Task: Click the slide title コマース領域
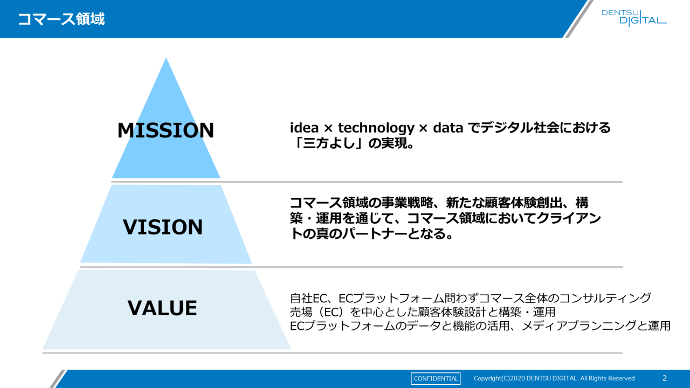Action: click(61, 19)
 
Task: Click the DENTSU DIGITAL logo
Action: click(634, 17)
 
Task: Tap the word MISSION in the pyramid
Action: click(165, 130)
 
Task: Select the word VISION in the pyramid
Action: click(163, 227)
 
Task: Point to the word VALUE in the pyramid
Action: click(162, 308)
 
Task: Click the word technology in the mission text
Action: click(376, 128)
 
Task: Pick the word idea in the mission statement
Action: click(304, 128)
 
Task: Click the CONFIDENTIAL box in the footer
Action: click(436, 378)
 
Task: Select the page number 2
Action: click(664, 378)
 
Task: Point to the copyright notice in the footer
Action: click(554, 378)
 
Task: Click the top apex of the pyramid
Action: click(166, 59)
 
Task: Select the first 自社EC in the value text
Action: click(309, 298)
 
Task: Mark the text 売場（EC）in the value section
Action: click(318, 312)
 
